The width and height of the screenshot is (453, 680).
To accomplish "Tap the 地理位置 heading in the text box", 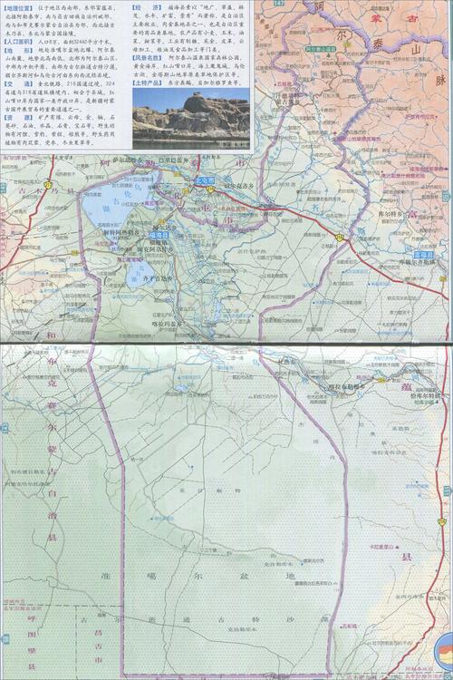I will (17, 6).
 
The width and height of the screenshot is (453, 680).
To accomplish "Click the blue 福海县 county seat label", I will (159, 235).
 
